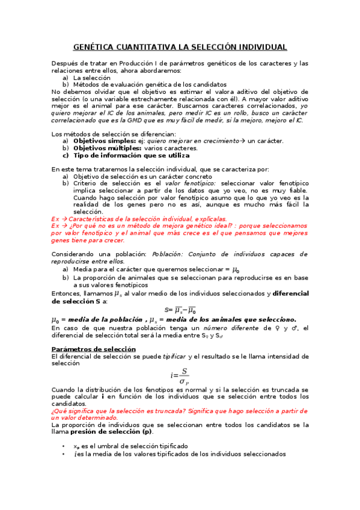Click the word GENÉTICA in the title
[x=94, y=47]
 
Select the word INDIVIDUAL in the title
[x=259, y=47]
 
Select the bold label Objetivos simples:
[x=100, y=141]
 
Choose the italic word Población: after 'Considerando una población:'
[x=168, y=254]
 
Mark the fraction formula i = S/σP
[x=179, y=376]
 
